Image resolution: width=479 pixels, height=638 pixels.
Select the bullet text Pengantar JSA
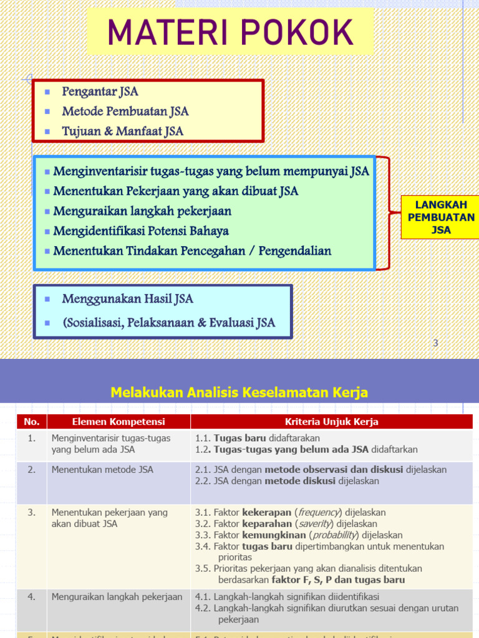100,92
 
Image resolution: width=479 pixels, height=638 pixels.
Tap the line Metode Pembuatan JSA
125,112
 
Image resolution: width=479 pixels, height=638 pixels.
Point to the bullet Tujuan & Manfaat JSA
122,131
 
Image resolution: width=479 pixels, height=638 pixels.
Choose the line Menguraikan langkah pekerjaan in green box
142,211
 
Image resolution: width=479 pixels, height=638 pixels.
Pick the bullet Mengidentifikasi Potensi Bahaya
141,231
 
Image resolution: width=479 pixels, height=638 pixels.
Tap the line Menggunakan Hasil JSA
127,299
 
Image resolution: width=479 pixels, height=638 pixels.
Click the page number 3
435,343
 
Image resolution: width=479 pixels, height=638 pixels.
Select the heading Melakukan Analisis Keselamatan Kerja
239,393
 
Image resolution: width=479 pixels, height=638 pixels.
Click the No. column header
31,422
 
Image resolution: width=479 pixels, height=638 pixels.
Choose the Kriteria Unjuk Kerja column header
331,422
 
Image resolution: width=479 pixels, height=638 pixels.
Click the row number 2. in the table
31,470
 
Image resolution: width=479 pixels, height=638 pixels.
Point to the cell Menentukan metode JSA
102,470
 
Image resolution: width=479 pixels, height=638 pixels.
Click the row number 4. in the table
31,597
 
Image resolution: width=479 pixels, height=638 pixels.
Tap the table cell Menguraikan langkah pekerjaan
117,597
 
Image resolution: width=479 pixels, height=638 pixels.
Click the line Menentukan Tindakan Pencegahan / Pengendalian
192,251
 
